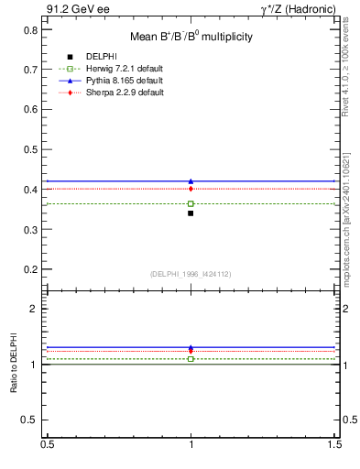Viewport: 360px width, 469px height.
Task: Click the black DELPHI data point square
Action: click(191, 213)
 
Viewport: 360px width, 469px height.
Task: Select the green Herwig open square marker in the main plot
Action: click(191, 203)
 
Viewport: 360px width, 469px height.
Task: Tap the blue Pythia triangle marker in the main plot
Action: click(191, 181)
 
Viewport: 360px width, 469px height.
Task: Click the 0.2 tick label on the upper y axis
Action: click(31, 270)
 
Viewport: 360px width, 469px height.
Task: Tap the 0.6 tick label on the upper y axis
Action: click(31, 110)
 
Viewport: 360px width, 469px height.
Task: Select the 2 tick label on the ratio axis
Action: click(34, 310)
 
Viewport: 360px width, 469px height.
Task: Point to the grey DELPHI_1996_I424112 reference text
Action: click(191, 273)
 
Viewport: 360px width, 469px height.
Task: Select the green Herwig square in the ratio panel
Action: click(191, 359)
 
